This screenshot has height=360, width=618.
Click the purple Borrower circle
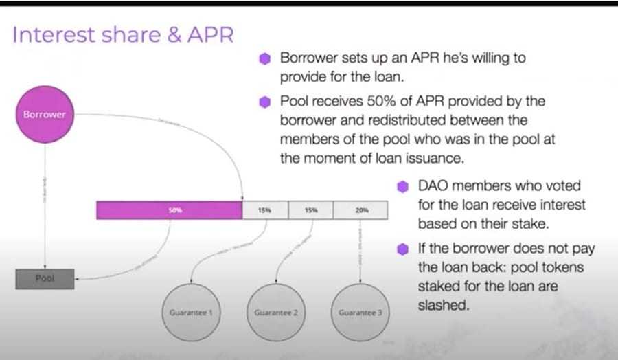pyautogui.click(x=45, y=115)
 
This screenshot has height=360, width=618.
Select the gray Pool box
pyautogui.click(x=45, y=279)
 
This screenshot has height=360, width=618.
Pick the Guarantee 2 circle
pyautogui.click(x=275, y=313)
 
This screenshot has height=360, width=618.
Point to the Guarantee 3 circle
pyautogui.click(x=360, y=313)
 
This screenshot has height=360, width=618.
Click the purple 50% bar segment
pyautogui.click(x=169, y=210)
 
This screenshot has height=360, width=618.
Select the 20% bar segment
pyautogui.click(x=361, y=210)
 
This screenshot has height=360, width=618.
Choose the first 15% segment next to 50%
pyautogui.click(x=264, y=210)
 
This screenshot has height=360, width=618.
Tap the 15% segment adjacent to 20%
pyautogui.click(x=310, y=210)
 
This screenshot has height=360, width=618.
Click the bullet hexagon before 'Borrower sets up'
pyautogui.click(x=264, y=59)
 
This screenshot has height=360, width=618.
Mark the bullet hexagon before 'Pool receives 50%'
pyautogui.click(x=264, y=102)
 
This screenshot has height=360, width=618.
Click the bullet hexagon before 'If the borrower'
pyautogui.click(x=403, y=248)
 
